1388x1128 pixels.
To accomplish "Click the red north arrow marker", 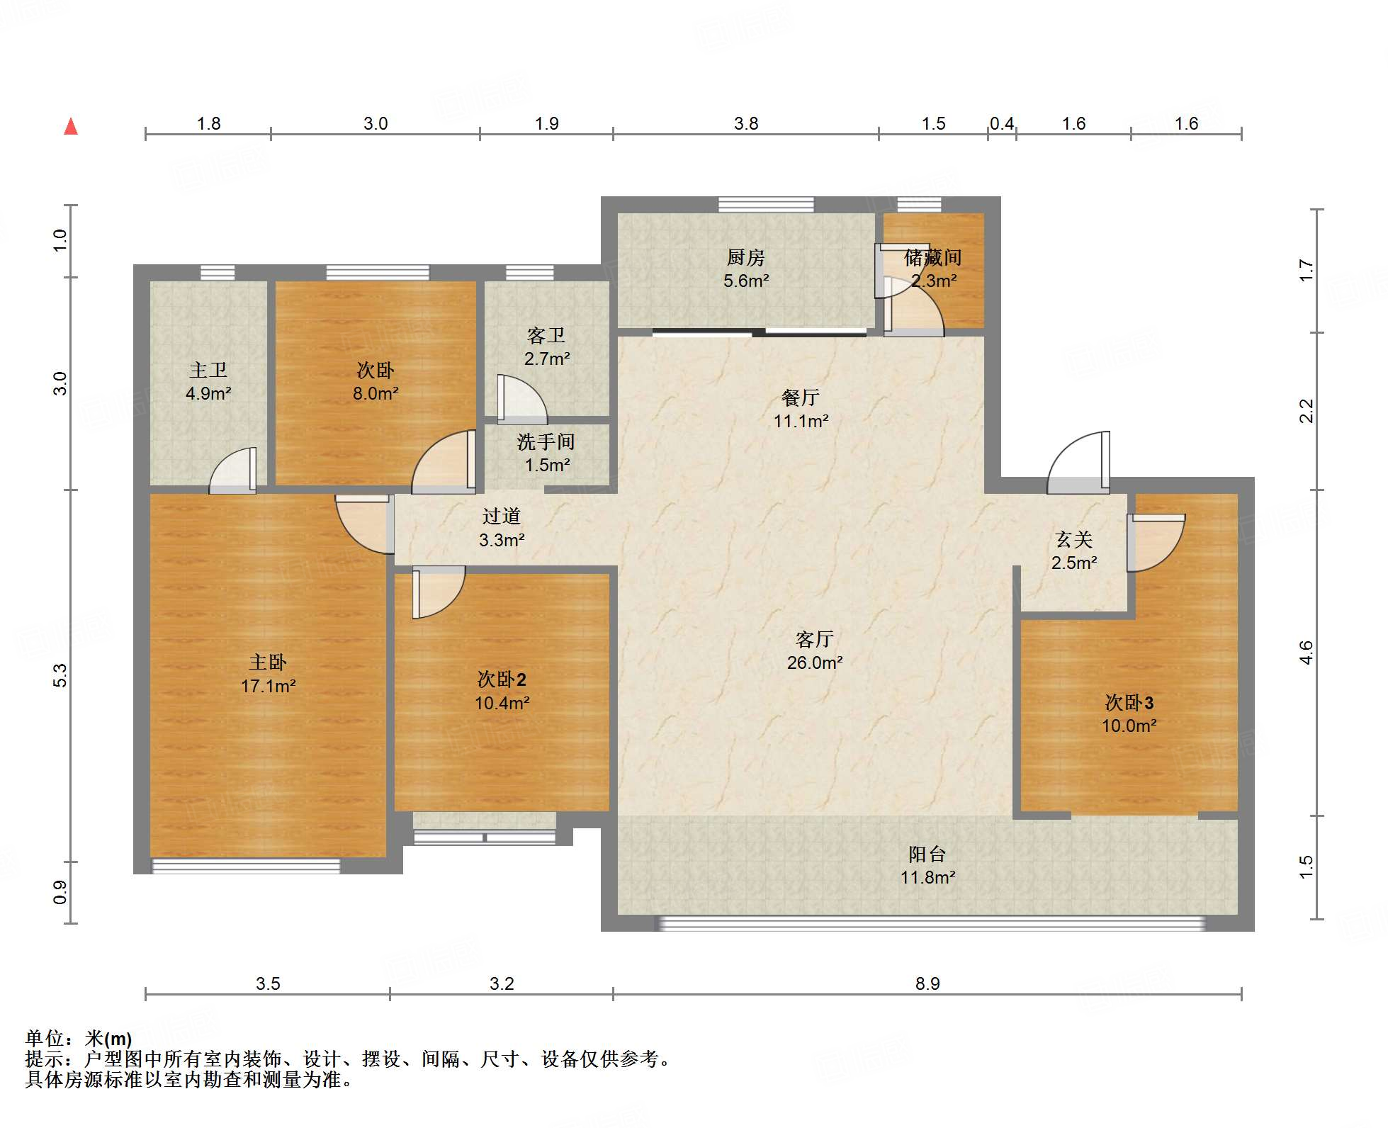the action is tap(71, 127).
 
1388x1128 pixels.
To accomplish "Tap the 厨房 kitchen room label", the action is tap(746, 258).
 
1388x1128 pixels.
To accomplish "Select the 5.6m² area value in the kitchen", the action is tap(746, 281).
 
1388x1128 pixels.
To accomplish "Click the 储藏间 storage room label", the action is tap(933, 258).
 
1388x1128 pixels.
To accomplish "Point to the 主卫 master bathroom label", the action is tap(208, 371).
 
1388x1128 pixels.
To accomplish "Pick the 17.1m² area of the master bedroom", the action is tap(268, 686).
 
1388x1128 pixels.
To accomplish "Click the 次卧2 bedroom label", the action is tap(502, 679).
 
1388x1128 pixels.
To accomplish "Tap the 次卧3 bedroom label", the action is tap(1129, 703).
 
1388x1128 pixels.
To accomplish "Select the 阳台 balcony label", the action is tap(927, 855).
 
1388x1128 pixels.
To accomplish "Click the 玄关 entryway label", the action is tap(1074, 540).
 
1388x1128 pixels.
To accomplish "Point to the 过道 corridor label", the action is tap(502, 517).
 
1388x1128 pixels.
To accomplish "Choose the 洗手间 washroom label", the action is tap(546, 442).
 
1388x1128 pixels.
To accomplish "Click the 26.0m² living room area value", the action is tap(815, 663).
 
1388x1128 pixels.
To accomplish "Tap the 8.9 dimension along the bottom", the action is tap(927, 983).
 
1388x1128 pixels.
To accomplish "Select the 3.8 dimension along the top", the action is tap(746, 124).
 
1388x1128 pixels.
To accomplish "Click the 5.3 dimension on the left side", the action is tap(60, 675).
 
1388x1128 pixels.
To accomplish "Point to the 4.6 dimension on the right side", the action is tap(1306, 653).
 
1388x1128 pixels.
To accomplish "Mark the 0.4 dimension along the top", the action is tap(1002, 124).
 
